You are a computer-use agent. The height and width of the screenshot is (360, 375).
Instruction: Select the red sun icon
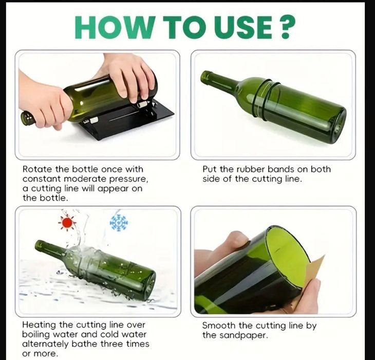pyautogui.click(x=67, y=223)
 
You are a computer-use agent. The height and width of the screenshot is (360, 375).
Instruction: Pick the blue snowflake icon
pyautogui.click(x=119, y=223)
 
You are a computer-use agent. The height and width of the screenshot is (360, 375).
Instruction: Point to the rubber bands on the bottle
pyautogui.click(x=266, y=98)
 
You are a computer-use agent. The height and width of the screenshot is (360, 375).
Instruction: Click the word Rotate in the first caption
pyautogui.click(x=38, y=169)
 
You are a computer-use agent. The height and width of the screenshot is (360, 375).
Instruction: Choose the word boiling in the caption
pyautogui.click(x=35, y=334)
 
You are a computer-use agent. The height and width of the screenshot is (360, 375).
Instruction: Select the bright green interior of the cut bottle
pyautogui.click(x=287, y=254)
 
